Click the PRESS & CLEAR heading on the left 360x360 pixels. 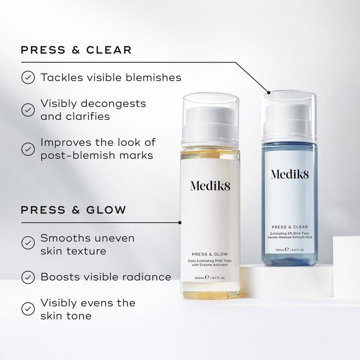76,50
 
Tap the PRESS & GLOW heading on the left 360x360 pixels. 73,209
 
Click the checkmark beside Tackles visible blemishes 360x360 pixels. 28,77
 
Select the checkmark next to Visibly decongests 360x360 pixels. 28,109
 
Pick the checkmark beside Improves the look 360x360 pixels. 28,148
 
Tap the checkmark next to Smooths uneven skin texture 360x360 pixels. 28,243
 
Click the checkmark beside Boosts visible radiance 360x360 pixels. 28,276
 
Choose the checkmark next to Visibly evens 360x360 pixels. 28,308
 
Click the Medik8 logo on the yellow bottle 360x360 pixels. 210,185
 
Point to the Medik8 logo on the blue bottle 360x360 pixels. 289,174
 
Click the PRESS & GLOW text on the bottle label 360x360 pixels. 210,253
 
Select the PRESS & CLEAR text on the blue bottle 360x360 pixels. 289,226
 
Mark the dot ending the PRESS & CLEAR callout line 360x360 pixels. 268,92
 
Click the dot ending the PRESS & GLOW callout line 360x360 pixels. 179,221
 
